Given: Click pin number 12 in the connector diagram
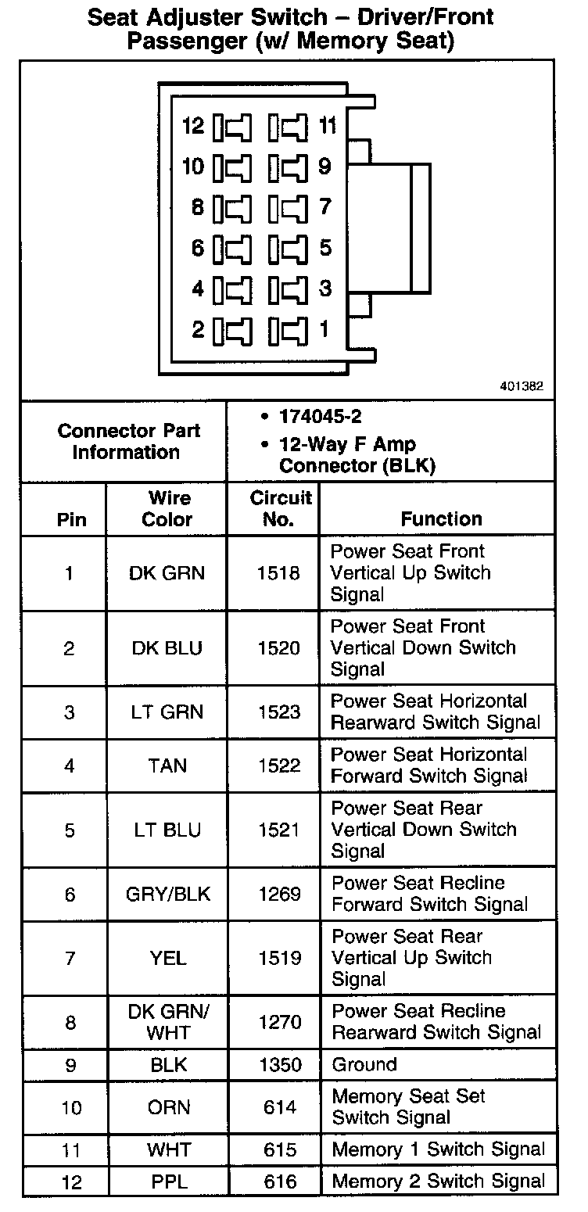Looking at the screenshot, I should click(x=192, y=126).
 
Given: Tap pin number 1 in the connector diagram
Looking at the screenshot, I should click(x=324, y=329).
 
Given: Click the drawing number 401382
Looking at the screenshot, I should click(x=522, y=386).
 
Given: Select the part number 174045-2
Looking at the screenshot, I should click(x=321, y=416).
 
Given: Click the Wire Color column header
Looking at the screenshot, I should click(x=167, y=508).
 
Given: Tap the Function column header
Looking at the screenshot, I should click(x=441, y=518).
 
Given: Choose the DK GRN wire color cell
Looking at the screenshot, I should click(x=167, y=573).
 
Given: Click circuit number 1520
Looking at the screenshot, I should click(x=278, y=648).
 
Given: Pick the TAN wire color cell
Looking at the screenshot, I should click(x=167, y=766).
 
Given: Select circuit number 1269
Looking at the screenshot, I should click(x=279, y=894).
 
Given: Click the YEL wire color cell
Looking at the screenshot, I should click(x=167, y=958).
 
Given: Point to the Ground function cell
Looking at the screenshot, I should click(x=364, y=1065).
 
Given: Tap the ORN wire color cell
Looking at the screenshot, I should click(x=168, y=1107).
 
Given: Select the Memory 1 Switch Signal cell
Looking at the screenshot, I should click(x=438, y=1149).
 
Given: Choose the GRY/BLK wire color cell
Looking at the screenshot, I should click(x=168, y=894).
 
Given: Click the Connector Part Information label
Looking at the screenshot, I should click(x=128, y=441).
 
